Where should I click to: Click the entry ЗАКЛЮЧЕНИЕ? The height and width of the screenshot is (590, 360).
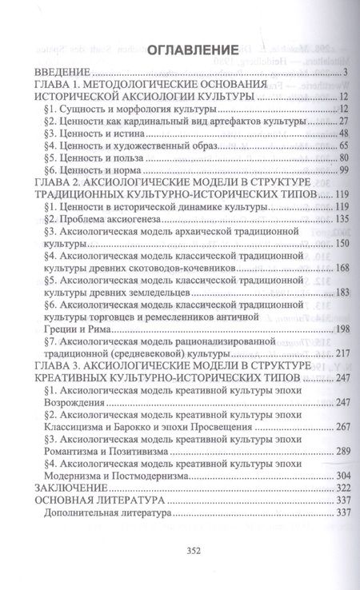66,488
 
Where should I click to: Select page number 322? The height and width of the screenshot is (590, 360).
325,488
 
